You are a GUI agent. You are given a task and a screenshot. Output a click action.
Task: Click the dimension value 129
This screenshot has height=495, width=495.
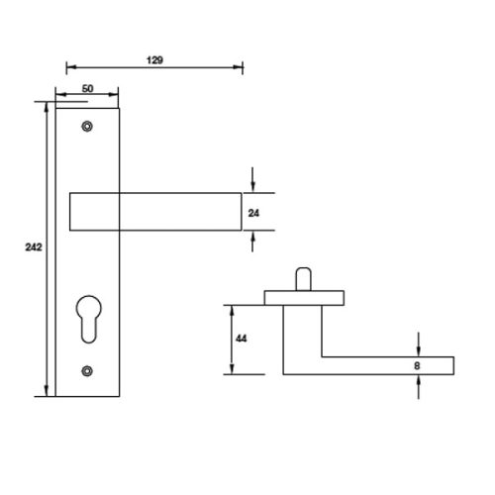[x=154, y=58]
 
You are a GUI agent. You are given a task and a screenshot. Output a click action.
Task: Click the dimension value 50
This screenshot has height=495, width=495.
[x=87, y=89]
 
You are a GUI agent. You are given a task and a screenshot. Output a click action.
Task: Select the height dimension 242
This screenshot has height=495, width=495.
[x=30, y=248]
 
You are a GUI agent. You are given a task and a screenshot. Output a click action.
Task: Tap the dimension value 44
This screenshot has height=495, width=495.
[x=241, y=339]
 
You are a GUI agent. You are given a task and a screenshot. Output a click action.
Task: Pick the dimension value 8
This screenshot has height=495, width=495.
[x=418, y=365]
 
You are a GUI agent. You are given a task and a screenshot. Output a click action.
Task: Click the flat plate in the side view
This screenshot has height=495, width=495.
[x=304, y=296]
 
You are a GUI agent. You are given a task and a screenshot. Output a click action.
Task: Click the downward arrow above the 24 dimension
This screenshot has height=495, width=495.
[x=255, y=184]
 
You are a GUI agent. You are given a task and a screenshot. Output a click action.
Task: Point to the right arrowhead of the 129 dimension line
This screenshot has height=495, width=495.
[x=239, y=69]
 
